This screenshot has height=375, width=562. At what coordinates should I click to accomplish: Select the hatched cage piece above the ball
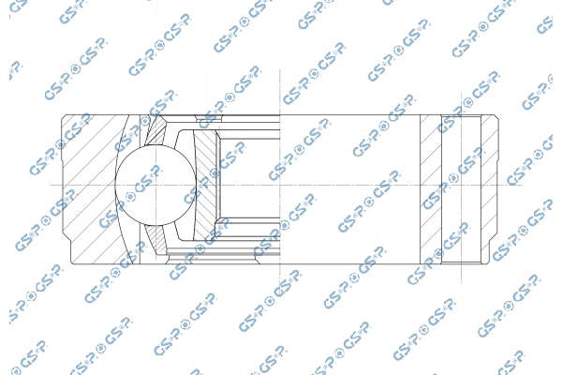point(156,130)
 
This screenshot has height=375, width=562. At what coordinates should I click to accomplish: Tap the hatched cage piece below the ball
point(156,239)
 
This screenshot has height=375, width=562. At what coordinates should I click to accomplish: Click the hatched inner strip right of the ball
point(205,185)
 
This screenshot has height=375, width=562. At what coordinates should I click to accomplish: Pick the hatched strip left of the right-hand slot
point(431,189)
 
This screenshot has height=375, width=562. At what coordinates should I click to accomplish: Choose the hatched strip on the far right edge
point(490,189)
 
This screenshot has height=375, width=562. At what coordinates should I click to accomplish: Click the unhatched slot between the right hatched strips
point(461,189)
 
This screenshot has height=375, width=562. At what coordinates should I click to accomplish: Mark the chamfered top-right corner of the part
point(496,117)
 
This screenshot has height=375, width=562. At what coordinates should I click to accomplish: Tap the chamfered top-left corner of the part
point(64,117)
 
